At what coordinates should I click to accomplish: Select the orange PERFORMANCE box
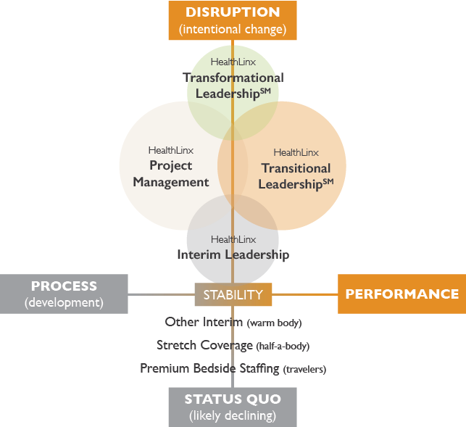point(401,294)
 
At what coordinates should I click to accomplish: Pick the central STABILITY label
point(233,294)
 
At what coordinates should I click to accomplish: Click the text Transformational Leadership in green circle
point(233,86)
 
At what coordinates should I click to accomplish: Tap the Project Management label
point(171,174)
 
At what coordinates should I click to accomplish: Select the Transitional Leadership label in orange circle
point(296,176)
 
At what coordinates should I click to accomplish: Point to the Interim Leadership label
point(233,254)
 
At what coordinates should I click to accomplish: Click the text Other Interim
point(204,322)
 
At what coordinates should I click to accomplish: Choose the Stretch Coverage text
point(203,345)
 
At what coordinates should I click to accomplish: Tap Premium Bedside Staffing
point(209,368)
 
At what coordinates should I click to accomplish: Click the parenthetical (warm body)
point(274,323)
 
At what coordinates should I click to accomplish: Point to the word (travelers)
point(304,369)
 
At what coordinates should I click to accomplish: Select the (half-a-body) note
point(281,346)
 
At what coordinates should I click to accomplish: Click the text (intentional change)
point(233,30)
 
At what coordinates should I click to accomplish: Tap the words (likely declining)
point(233,415)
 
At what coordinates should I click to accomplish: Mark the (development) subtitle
point(64,302)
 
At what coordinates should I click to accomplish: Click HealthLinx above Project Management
point(170,150)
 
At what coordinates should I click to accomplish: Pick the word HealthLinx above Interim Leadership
point(233,239)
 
